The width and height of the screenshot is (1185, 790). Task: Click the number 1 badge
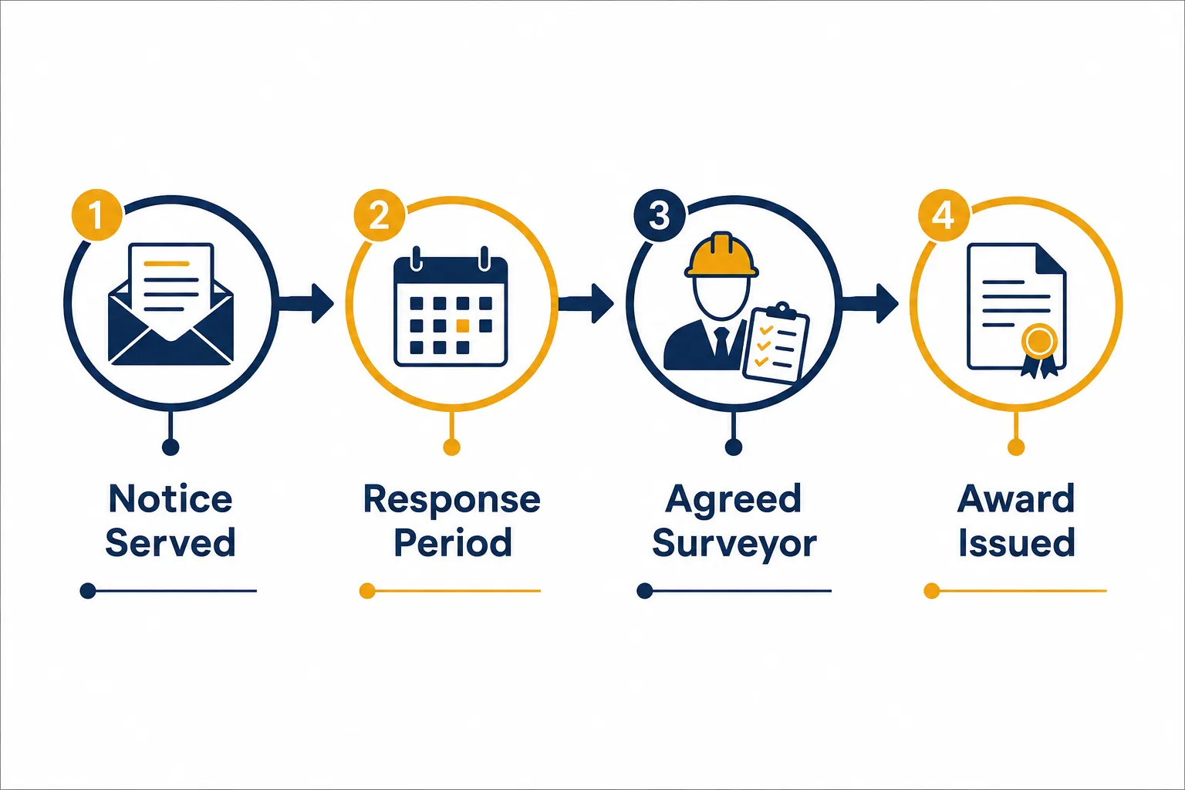click(x=96, y=214)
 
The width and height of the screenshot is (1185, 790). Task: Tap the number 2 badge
click(x=380, y=215)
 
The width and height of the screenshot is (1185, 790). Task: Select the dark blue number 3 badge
click(x=659, y=215)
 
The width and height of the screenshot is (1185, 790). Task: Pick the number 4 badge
click(x=944, y=215)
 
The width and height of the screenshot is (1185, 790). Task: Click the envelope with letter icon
click(x=170, y=304)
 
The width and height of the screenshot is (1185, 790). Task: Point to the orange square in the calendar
click(x=462, y=326)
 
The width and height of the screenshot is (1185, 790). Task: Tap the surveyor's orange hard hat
click(x=721, y=255)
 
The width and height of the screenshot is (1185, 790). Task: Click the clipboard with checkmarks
click(x=776, y=342)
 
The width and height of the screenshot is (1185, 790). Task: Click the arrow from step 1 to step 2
click(x=306, y=303)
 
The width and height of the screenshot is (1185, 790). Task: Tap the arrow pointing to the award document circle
click(x=869, y=303)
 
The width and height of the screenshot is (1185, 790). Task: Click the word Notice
click(x=170, y=499)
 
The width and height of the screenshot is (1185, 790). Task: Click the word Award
click(x=1016, y=499)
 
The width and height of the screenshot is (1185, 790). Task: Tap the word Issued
click(x=1016, y=542)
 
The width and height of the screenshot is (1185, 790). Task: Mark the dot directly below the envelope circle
click(x=170, y=447)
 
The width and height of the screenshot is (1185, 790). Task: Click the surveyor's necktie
click(x=721, y=343)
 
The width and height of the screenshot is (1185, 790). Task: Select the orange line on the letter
click(x=166, y=264)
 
